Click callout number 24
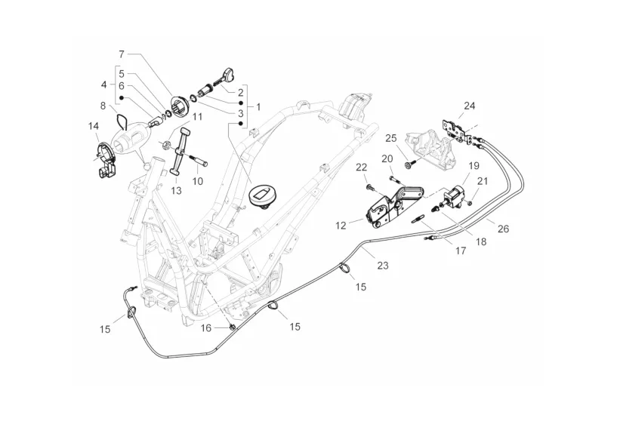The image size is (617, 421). pos(470,106)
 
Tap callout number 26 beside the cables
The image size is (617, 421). pos(503,229)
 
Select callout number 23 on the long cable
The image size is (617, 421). pos(382,266)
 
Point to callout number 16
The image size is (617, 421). pos(206,328)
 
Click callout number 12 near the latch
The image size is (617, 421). pos(341,226)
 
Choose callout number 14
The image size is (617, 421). pos(93,126)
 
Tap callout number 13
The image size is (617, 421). pos(177,191)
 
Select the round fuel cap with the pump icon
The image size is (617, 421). pos(261,195)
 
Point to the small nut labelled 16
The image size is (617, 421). pos(232,326)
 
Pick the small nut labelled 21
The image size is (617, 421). pos(470,203)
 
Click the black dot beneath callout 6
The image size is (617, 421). pos(122,97)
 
